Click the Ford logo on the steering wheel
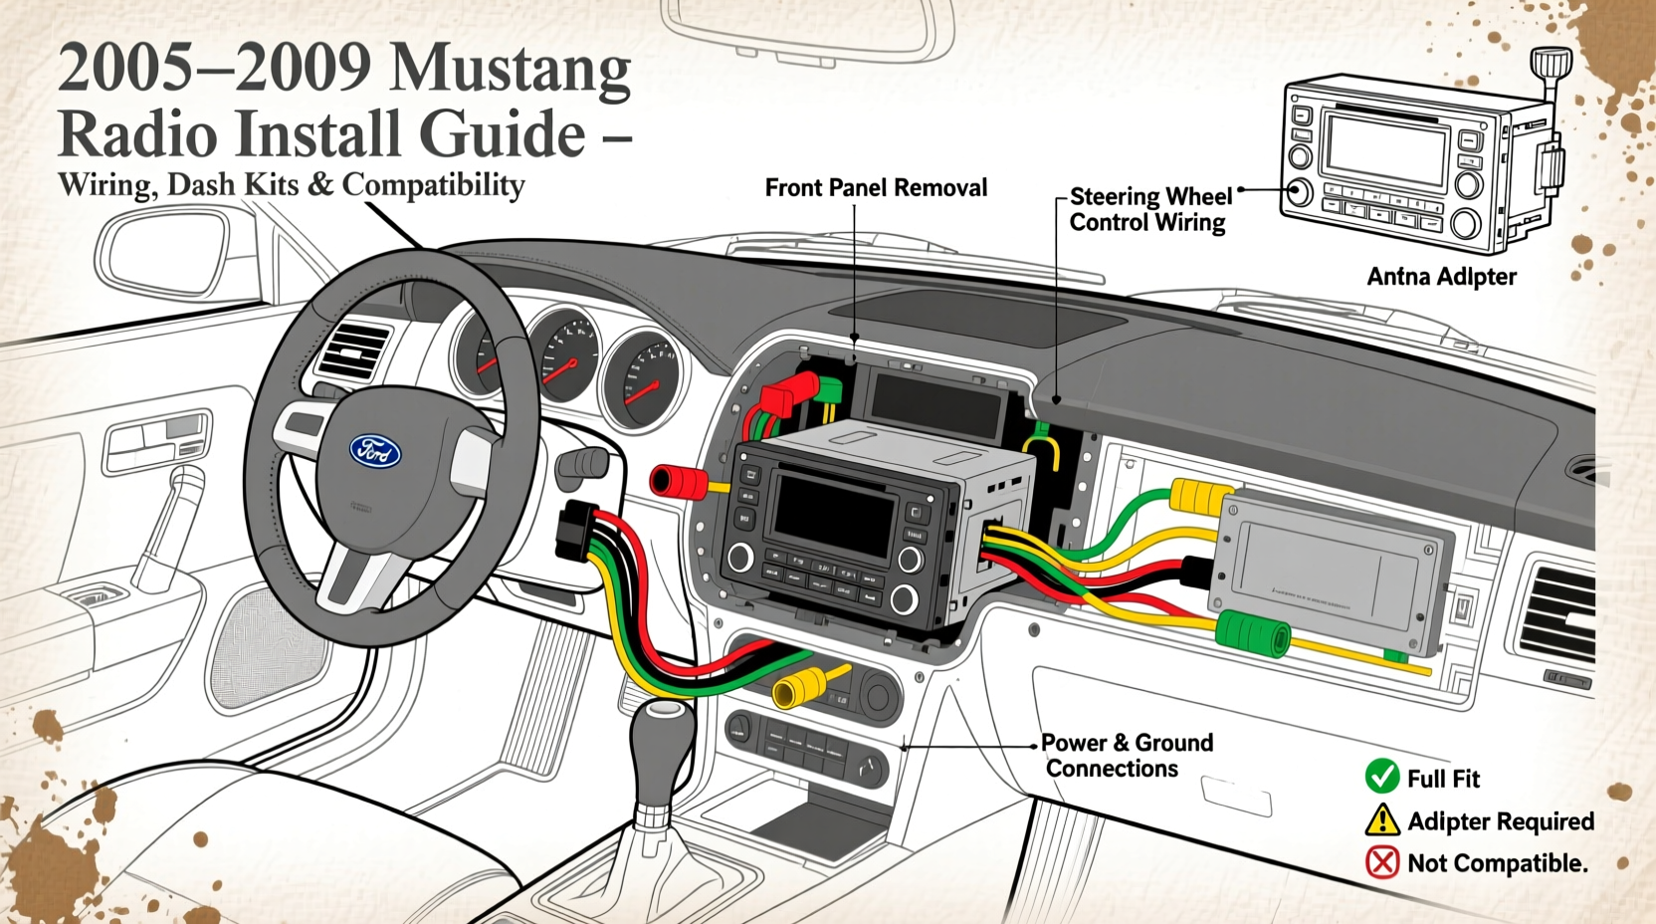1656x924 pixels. click(x=375, y=451)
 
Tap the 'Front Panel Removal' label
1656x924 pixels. click(x=876, y=187)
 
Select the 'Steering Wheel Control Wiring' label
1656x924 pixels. click(x=1149, y=209)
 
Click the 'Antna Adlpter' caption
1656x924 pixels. click(x=1441, y=277)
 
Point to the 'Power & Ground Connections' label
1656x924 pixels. click(x=1127, y=756)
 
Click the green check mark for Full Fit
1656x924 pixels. click(x=1382, y=777)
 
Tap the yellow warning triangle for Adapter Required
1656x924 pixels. click(x=1382, y=820)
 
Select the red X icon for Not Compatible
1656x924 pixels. click(x=1382, y=861)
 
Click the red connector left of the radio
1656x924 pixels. click(x=677, y=482)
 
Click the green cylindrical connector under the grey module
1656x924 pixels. click(x=1253, y=634)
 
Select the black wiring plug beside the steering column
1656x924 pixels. click(x=578, y=530)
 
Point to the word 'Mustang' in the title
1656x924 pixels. click(x=510, y=70)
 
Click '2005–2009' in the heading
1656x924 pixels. click(x=214, y=70)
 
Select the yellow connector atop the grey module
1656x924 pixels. click(x=1201, y=496)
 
